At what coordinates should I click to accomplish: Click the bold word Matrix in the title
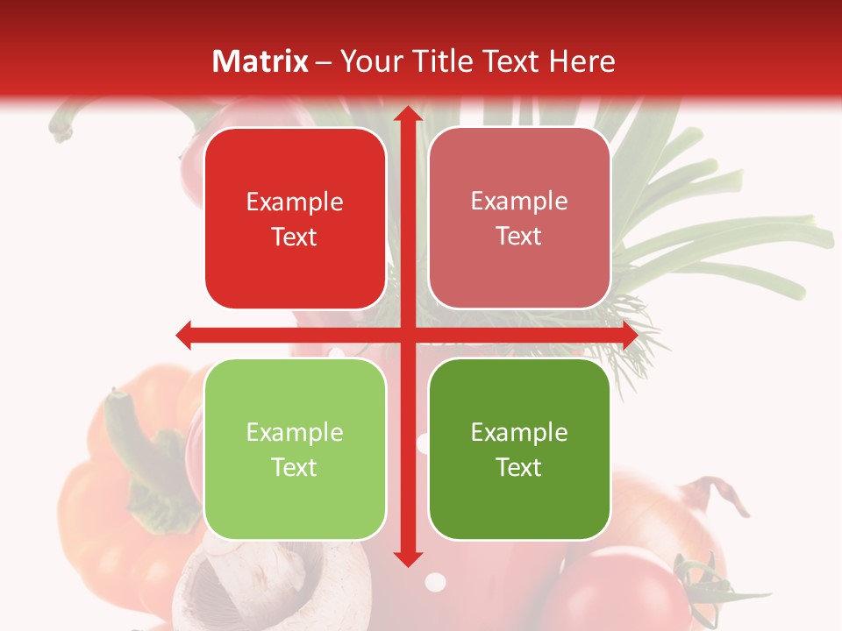coord(260,61)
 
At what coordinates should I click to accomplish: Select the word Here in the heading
coord(582,61)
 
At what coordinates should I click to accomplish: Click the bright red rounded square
coord(295,218)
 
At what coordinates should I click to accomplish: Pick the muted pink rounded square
coord(519,218)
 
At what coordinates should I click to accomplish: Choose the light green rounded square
coord(295,449)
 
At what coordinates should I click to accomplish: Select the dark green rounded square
coord(519,449)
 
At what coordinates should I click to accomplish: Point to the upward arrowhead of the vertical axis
coord(407,115)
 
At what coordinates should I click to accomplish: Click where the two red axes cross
coord(407,335)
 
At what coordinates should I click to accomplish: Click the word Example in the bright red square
coord(295,202)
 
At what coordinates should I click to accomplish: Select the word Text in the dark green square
coord(519,467)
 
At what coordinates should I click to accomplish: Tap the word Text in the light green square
coord(295,467)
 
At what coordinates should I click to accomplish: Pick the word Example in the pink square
coord(519,202)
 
